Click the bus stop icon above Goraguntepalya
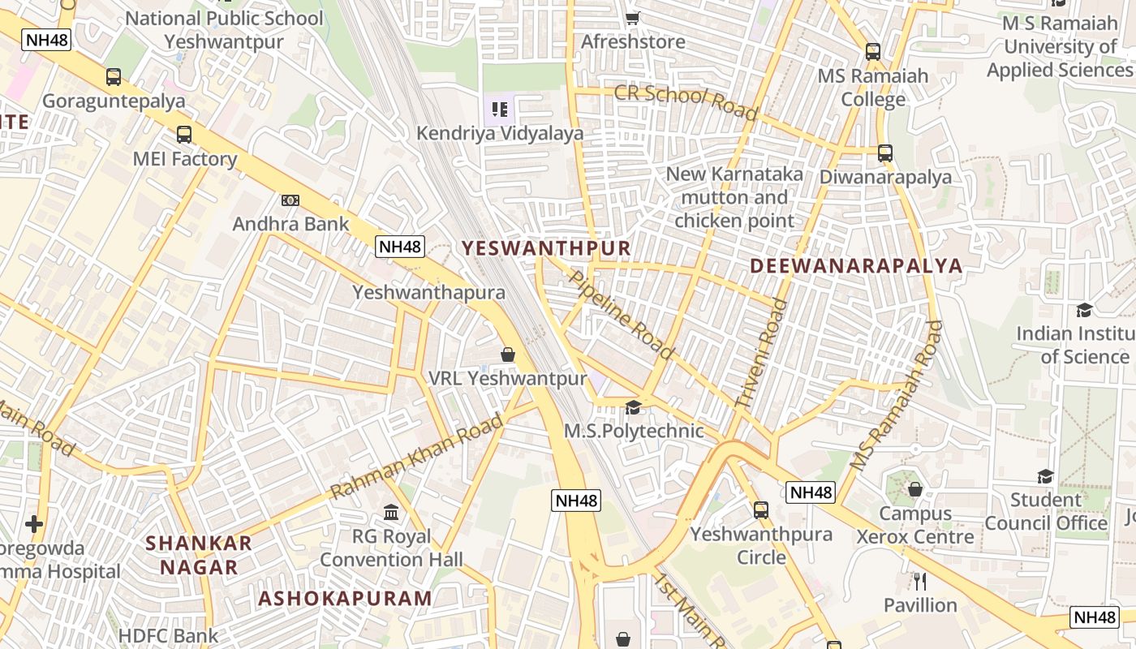[114, 77]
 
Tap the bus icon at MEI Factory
[184, 134]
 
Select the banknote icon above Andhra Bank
[290, 200]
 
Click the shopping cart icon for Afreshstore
[633, 17]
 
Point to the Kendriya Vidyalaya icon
[500, 109]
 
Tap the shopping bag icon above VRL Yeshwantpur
[508, 355]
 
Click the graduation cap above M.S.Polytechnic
[633, 407]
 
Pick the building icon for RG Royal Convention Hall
[391, 513]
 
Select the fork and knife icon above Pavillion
[920, 582]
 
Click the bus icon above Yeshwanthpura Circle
[761, 510]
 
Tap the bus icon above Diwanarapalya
[885, 153]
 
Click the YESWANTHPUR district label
[546, 248]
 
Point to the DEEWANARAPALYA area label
[856, 266]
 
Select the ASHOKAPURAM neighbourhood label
[346, 599]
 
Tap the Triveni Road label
[762, 354]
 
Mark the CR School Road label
[686, 101]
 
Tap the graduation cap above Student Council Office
[1045, 476]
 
